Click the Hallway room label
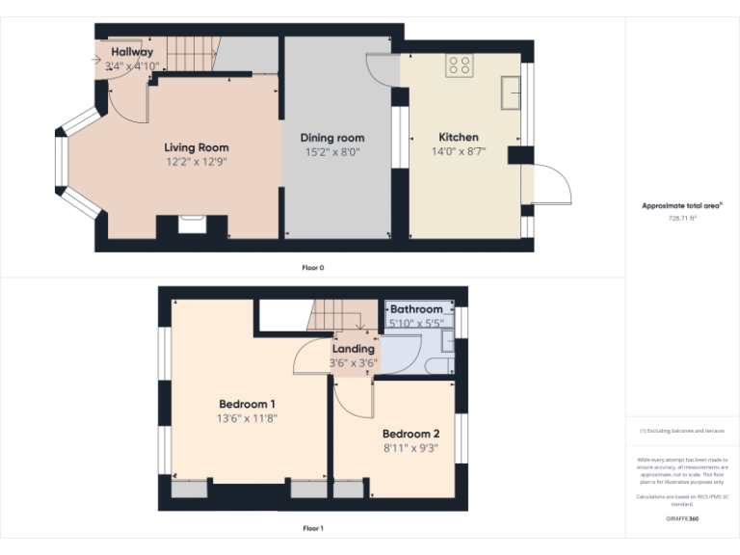tap(132, 52)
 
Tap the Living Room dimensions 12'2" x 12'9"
tap(196, 162)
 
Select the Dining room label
tap(332, 138)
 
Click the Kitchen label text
tap(459, 137)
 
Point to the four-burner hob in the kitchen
tap(459, 66)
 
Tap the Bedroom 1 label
tap(247, 404)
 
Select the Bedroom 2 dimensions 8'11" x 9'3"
tap(410, 448)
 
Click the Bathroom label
tap(416, 309)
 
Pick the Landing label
tap(353, 349)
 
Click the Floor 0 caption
tap(312, 267)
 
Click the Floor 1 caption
tap(312, 528)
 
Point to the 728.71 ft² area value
tap(682, 218)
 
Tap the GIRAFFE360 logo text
tap(682, 519)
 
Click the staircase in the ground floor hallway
tap(190, 54)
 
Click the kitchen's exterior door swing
tap(549, 185)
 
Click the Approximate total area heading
tap(682, 205)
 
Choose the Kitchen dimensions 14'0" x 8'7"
tap(459, 151)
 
